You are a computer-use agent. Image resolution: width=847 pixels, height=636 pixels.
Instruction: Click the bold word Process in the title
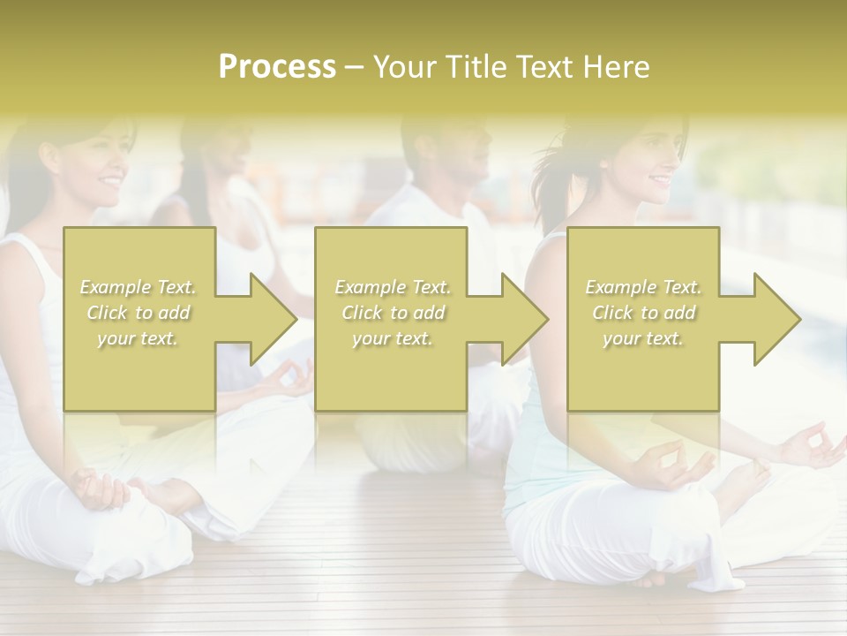pos(277,67)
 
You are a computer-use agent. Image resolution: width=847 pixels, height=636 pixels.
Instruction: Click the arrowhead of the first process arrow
pos(274,319)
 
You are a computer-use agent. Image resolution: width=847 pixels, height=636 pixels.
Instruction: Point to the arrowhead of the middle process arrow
pos(525,319)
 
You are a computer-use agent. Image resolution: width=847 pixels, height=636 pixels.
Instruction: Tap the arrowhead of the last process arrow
pos(777,319)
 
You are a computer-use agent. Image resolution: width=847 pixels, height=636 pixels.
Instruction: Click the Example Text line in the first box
pos(139,287)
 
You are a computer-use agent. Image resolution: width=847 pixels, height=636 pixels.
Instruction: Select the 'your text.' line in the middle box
pos(393,338)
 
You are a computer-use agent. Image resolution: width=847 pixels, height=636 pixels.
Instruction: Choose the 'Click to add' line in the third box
pos(643,313)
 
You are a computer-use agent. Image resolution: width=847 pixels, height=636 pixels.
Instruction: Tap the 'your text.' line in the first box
pos(139,338)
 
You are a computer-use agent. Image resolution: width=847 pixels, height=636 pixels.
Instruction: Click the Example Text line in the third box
pos(643,287)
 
